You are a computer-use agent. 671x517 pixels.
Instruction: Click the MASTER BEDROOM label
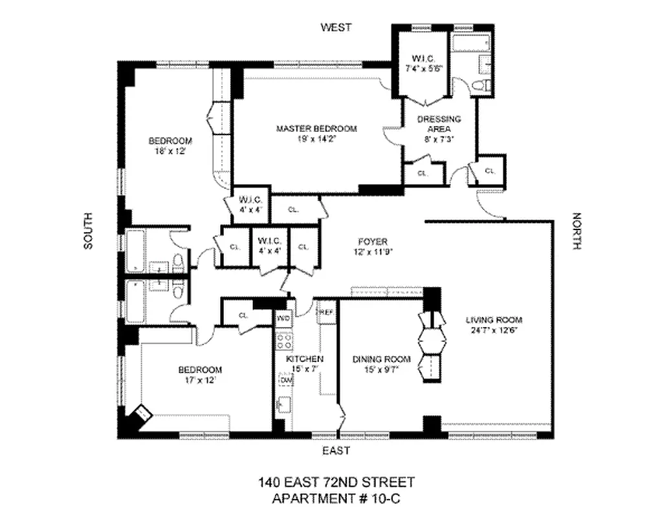click(x=316, y=129)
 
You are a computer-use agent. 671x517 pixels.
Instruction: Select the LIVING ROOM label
click(x=494, y=320)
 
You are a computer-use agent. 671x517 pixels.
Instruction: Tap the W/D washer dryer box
click(x=283, y=319)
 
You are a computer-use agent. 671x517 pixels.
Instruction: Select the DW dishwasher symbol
click(x=284, y=381)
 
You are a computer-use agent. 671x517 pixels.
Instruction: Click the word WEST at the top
click(x=336, y=27)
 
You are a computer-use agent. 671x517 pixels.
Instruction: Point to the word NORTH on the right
click(x=577, y=231)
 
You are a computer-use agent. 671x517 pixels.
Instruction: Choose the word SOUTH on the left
click(x=89, y=231)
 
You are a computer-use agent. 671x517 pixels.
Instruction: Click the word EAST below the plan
click(x=336, y=450)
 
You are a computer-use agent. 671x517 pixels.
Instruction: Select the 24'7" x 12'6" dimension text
click(x=494, y=330)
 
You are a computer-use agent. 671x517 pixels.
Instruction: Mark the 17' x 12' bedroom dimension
click(x=199, y=379)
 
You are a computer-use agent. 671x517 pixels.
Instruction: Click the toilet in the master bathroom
click(x=481, y=85)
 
